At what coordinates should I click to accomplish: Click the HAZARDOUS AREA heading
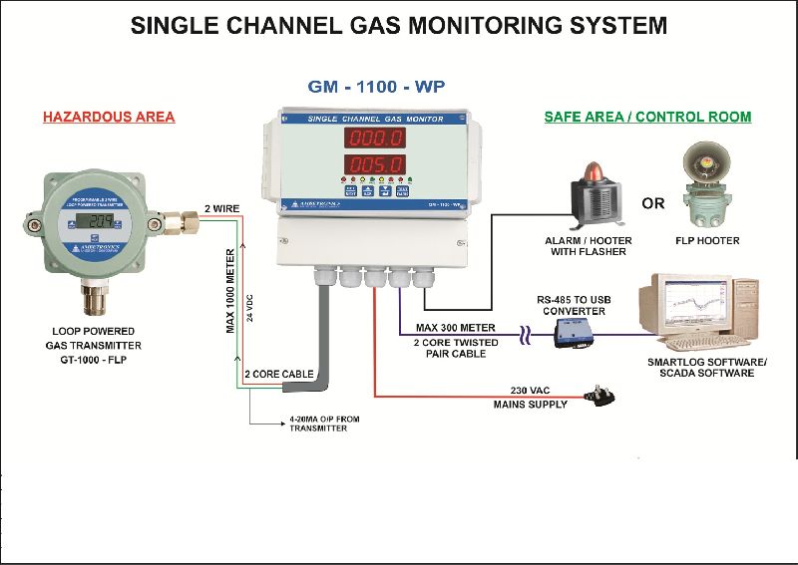109,117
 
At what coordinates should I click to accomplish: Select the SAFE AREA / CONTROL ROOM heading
647,117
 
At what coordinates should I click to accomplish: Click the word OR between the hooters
653,204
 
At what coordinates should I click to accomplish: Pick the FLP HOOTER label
706,240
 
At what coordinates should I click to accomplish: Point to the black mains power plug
603,397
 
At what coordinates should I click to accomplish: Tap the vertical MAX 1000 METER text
230,289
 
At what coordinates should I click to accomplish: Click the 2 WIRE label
221,208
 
